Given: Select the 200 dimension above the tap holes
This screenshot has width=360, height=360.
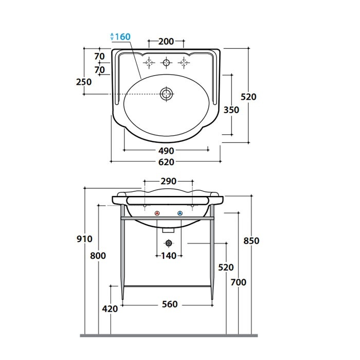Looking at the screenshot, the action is coord(166,41).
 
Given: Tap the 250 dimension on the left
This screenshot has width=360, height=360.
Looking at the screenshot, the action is coord(84,82).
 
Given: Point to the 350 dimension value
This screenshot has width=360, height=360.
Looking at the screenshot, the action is coord(231,110).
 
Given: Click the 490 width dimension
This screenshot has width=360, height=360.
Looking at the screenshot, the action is coord(166,151).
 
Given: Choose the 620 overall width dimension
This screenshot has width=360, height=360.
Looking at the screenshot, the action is coord(166,162).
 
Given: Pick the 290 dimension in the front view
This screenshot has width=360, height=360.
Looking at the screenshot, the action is coord(168,181).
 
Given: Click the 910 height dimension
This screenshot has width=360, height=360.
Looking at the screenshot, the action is coord(84,239).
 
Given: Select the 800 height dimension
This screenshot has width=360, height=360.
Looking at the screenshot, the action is coord(98,256).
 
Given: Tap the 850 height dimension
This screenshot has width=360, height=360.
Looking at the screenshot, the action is coord(251,241).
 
